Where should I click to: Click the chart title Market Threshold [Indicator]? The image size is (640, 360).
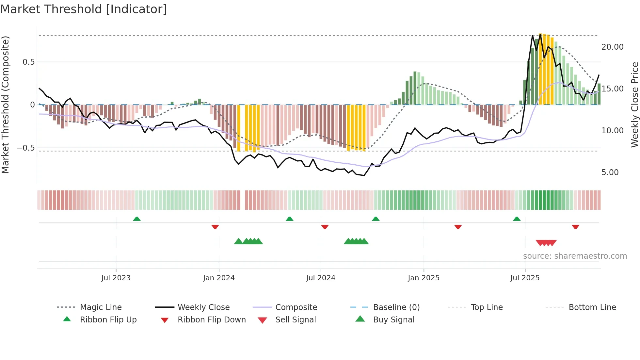click(84, 9)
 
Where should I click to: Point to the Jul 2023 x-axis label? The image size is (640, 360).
click(116, 278)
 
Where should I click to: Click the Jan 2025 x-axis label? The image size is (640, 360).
click(424, 278)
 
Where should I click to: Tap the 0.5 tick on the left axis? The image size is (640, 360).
click(29, 62)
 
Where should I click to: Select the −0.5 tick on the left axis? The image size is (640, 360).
click(26, 148)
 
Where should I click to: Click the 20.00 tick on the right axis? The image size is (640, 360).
click(612, 47)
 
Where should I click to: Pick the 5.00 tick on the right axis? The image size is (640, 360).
click(610, 172)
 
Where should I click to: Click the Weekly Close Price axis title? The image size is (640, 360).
click(634, 105)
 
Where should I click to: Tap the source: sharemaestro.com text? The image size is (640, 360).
click(575, 256)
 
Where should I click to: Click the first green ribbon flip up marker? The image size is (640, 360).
click(137, 219)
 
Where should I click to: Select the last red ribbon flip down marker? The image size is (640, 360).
click(575, 227)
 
